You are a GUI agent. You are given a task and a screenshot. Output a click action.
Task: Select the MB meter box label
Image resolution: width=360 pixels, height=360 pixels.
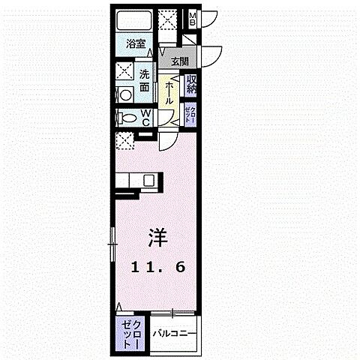193,19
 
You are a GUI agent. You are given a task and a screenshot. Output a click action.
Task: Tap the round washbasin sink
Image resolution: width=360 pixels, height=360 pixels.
125,95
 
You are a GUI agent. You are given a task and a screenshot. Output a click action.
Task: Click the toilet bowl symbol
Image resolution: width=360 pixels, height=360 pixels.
130,118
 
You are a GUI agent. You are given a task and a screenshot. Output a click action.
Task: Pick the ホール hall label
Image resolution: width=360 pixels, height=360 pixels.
171,92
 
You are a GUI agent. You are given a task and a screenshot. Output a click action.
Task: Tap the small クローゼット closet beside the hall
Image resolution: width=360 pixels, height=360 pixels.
192,116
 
